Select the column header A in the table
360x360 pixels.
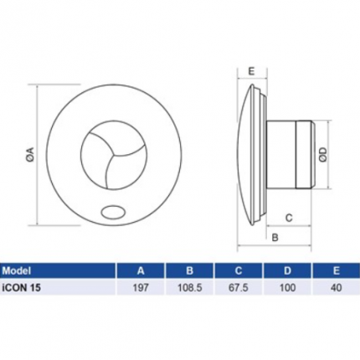tap(140, 271)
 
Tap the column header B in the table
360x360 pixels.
tap(190, 271)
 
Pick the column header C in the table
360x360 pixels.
tap(240, 271)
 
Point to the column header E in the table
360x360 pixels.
tap(337, 271)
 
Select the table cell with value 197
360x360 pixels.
tap(140, 289)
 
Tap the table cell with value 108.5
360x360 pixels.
tap(190, 289)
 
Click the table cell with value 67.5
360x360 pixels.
tap(240, 289)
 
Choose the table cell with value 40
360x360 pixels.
tap(337, 289)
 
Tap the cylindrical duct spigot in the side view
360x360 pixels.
tap(293, 156)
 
